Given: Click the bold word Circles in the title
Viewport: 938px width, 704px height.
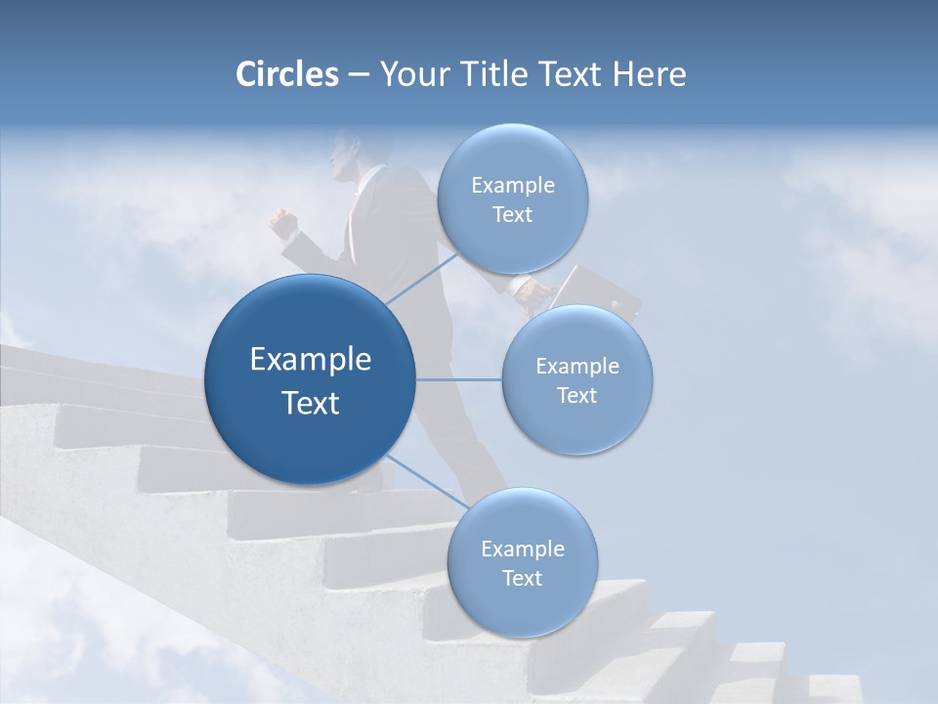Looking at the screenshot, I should [286, 74].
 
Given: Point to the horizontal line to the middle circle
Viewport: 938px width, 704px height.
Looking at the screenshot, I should [459, 379].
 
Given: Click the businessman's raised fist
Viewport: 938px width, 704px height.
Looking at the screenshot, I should [283, 224].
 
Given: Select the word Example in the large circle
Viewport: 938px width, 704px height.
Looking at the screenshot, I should [311, 360].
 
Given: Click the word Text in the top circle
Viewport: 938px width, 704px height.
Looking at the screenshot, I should [512, 215].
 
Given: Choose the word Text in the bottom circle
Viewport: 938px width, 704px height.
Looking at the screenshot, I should [522, 578].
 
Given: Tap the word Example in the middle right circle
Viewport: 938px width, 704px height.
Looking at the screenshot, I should [576, 367].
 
